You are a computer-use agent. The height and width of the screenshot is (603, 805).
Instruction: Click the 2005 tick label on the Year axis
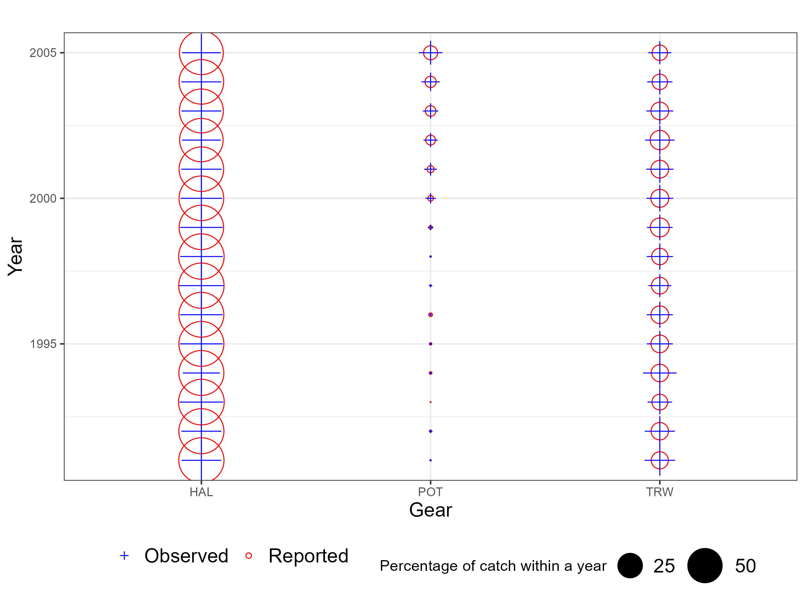tap(43, 53)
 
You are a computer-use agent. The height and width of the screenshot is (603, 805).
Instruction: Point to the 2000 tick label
tap(43, 198)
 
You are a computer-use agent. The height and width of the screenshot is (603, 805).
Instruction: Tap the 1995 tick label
tap(43, 344)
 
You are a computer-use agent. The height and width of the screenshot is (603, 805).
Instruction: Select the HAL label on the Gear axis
tap(201, 492)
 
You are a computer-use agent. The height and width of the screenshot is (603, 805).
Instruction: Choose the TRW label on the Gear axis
tap(659, 492)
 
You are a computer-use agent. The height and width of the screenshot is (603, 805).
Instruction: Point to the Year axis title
tap(16, 256)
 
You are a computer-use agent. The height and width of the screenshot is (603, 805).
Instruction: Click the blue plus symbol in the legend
tap(124, 556)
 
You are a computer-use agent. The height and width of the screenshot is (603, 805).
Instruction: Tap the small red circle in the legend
tap(249, 556)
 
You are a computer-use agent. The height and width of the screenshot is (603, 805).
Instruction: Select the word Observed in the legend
tap(186, 556)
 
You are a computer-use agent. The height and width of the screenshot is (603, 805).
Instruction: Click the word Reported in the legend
tap(308, 556)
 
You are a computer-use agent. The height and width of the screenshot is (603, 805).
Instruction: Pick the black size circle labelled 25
tap(630, 565)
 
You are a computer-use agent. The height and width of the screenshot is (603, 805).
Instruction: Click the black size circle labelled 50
tap(705, 565)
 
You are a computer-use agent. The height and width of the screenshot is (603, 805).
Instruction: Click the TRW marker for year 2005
tap(659, 53)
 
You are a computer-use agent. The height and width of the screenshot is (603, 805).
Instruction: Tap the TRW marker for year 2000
tap(659, 198)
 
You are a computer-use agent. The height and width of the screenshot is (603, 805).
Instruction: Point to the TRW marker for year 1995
tap(659, 344)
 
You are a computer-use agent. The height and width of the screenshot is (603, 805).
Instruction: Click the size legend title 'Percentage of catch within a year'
tap(493, 566)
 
